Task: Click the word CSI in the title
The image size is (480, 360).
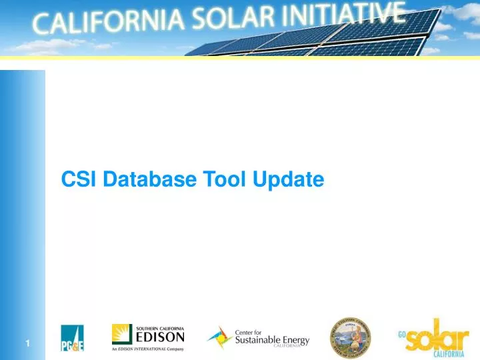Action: pos(78,179)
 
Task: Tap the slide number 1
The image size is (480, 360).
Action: pos(28,343)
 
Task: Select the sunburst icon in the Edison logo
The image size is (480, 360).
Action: pos(122,334)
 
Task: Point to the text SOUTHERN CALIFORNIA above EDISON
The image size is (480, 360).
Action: pos(160,327)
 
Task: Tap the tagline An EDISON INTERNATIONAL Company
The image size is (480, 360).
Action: pos(147,349)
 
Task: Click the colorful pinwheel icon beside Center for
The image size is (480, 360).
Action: pos(219,337)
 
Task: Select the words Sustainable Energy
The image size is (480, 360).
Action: pos(272,340)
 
